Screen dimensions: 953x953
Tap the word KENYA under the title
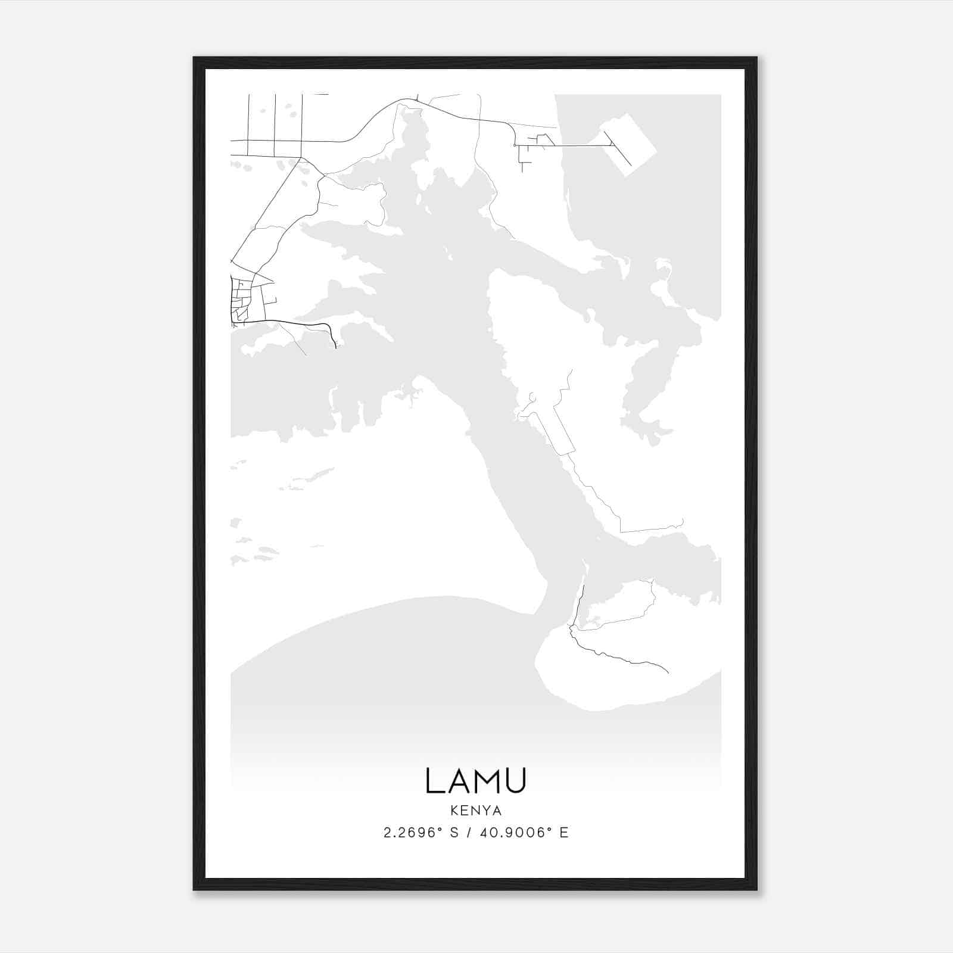click(476, 811)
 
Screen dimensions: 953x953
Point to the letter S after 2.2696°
click(454, 833)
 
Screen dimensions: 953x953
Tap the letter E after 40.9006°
click(564, 833)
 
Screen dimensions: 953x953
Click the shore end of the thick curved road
click(335, 344)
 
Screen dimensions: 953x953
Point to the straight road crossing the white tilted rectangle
click(619, 149)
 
